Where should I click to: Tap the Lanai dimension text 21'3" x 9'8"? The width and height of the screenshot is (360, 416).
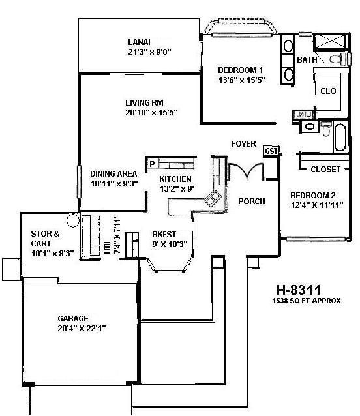pyautogui.click(x=154, y=52)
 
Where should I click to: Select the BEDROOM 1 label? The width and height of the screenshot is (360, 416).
pyautogui.click(x=241, y=70)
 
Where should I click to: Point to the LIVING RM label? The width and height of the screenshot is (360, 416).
pyautogui.click(x=144, y=102)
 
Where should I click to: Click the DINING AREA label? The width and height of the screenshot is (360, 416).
pyautogui.click(x=113, y=173)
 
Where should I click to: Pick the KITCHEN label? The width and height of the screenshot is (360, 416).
pyautogui.click(x=175, y=179)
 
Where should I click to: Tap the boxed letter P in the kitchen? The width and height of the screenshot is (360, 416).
pyautogui.click(x=152, y=164)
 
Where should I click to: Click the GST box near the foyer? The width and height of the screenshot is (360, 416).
pyautogui.click(x=271, y=151)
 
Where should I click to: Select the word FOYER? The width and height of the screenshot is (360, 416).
pyautogui.click(x=244, y=144)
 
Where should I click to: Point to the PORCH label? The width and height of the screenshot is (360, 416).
pyautogui.click(x=251, y=201)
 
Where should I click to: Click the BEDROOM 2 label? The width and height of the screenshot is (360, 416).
pyautogui.click(x=312, y=195)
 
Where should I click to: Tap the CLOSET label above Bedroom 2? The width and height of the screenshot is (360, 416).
pyautogui.click(x=325, y=170)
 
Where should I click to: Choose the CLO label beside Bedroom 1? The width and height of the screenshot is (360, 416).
pyautogui.click(x=328, y=91)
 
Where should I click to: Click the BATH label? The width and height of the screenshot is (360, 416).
pyautogui.click(x=307, y=60)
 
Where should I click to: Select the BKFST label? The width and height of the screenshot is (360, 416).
pyautogui.click(x=165, y=234)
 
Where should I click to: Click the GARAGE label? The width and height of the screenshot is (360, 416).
pyautogui.click(x=73, y=319)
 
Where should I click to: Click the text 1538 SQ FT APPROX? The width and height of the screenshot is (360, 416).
pyautogui.click(x=307, y=301)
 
